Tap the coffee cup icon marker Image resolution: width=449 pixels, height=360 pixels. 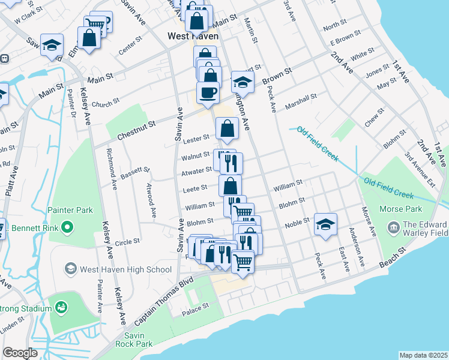(208, 93)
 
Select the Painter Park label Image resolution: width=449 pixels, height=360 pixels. (71, 210)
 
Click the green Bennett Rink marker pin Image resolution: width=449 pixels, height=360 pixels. (67, 227)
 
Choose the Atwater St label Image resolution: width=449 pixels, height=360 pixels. (194, 173)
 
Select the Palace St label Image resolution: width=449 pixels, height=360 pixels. (196, 305)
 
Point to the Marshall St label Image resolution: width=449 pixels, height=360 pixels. (301, 98)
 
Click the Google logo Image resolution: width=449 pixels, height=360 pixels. (20, 352)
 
